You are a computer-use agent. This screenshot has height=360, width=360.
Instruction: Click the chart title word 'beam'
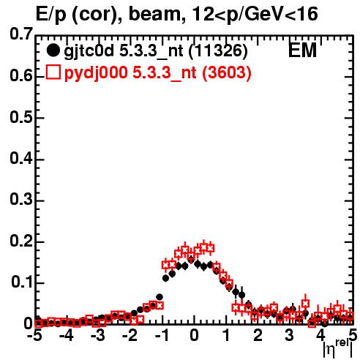154,14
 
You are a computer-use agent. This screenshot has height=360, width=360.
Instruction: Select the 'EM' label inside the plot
302,50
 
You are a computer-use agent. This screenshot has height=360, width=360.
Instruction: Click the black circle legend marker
53,50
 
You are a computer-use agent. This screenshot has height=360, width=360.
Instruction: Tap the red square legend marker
53,72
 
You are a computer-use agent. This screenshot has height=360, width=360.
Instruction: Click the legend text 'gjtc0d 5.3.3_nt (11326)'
156,51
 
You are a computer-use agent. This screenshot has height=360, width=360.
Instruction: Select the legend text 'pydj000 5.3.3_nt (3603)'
157,73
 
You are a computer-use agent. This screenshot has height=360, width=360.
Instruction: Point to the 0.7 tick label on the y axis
21,34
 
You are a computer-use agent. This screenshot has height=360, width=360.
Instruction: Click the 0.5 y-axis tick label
21,117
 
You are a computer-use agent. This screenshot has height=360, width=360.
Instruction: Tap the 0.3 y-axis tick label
21,200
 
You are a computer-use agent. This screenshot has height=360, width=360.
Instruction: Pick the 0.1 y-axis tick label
22,282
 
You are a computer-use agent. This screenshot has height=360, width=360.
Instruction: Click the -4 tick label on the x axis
67,335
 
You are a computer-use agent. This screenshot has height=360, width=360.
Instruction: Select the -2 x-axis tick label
131,335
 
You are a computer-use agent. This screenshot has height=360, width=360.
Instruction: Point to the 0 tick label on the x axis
194,335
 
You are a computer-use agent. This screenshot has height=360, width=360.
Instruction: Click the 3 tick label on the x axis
289,335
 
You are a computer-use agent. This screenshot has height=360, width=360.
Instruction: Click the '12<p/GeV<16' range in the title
255,15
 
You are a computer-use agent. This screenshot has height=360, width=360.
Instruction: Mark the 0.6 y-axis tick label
21,76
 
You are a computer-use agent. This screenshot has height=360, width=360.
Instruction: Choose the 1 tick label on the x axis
227,335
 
